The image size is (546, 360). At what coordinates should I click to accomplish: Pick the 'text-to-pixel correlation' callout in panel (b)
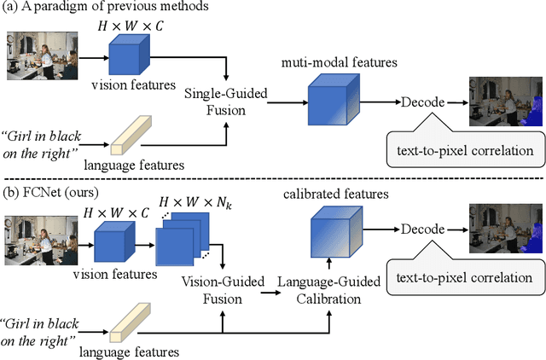460,277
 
